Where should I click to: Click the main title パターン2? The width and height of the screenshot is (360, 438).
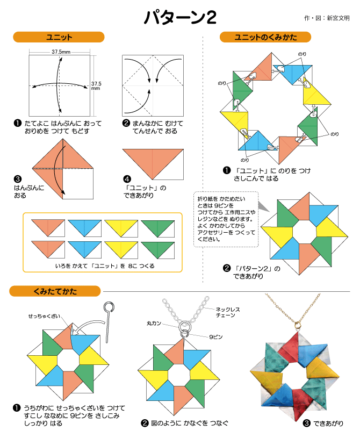pos(180,17)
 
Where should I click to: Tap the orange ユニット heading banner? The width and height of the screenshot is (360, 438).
pos(59,37)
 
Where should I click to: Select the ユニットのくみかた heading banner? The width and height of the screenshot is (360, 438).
pos(265,37)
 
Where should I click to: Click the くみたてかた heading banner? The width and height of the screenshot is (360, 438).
pos(55,291)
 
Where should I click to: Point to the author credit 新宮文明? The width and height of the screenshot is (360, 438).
pos(338,18)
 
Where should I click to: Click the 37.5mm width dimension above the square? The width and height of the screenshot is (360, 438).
pos(61,52)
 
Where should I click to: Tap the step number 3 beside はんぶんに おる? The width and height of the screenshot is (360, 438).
pos(17,179)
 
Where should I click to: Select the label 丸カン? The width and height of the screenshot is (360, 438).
pos(154,323)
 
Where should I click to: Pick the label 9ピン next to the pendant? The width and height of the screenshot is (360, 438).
pos(216,337)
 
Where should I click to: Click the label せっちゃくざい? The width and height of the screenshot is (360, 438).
pos(44,316)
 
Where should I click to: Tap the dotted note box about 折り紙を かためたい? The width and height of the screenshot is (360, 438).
pos(226,219)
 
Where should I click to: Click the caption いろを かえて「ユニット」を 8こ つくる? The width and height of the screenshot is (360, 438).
pos(105,266)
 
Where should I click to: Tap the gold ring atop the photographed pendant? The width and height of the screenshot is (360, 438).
pos(298,325)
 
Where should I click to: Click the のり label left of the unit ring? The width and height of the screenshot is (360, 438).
pos(222,83)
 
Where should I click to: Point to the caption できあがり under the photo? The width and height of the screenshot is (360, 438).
pos(328,423)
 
